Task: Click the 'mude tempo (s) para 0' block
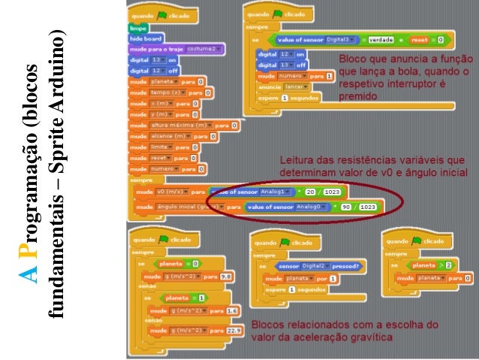point(170,92)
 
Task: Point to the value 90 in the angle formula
point(348,206)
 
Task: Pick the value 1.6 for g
point(231,310)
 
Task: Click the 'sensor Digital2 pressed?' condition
point(318,266)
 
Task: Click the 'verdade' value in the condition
point(381,39)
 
